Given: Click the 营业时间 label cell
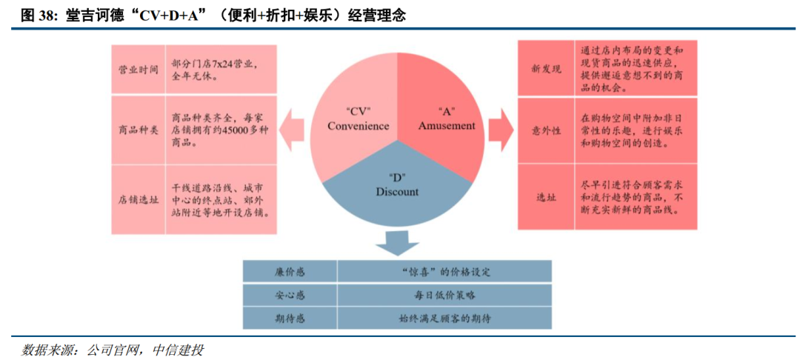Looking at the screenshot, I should (138, 70).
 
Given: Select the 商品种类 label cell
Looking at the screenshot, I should (138, 130).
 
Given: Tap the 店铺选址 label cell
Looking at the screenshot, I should (138, 199).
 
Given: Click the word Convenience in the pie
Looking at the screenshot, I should (359, 126).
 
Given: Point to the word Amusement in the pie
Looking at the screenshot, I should (447, 126).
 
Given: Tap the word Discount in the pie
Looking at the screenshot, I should (398, 192).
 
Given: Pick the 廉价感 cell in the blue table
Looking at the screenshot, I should (290, 272).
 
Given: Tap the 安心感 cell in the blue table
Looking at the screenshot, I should (290, 295).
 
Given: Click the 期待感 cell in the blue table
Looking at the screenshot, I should (290, 319).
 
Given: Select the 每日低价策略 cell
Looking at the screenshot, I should (444, 295).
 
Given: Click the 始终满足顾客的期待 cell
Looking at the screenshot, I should (444, 319).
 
